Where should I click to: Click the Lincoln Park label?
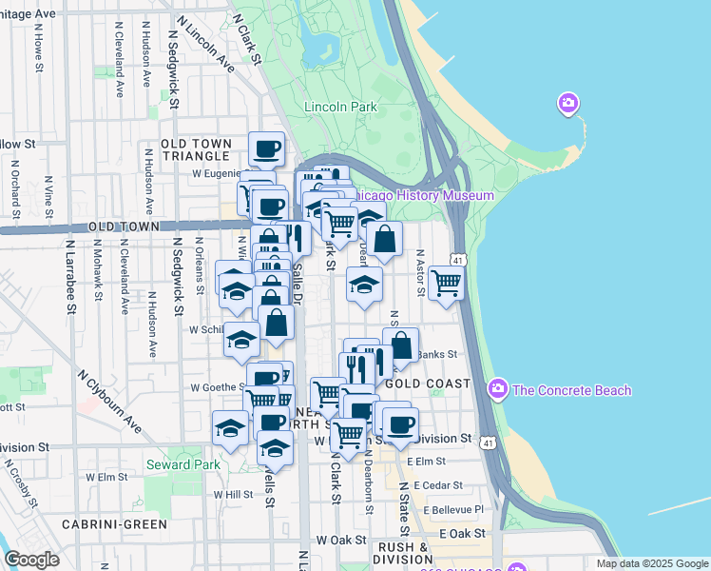pyautogui.click(x=341, y=108)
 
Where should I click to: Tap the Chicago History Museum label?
pyautogui.click(x=423, y=196)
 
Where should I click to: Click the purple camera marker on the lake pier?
pyautogui.click(x=567, y=103)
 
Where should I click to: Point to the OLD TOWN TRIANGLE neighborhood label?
pyautogui.click(x=196, y=149)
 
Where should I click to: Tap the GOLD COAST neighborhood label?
pyautogui.click(x=428, y=384)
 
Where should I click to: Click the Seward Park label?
pyautogui.click(x=183, y=465)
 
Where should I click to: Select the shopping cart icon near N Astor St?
pyautogui.click(x=445, y=282)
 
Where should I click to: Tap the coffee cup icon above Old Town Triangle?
pyautogui.click(x=266, y=148)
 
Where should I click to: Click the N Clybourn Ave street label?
pyautogui.click(x=109, y=401)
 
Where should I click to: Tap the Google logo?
pyautogui.click(x=31, y=560)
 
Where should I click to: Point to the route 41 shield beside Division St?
pyautogui.click(x=488, y=443)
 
